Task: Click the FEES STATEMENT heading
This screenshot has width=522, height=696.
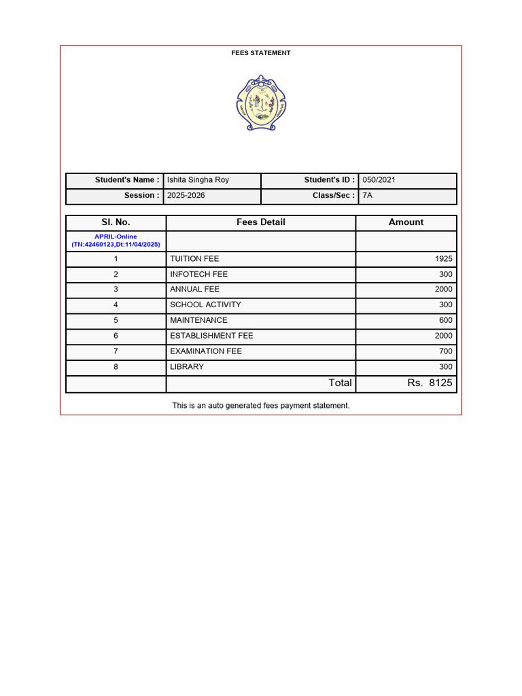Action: [x=261, y=53]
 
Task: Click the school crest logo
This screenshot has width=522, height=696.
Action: [x=261, y=103]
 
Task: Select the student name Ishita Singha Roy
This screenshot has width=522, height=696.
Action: [x=198, y=180]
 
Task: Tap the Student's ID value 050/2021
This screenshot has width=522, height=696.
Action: [x=379, y=180]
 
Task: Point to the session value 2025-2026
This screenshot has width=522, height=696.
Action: [x=186, y=196]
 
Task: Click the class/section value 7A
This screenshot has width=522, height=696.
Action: [x=368, y=196]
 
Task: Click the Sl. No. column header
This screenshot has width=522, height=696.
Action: [x=116, y=222]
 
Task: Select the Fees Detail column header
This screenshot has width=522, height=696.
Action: [x=261, y=222]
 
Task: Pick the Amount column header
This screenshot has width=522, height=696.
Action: [x=406, y=222]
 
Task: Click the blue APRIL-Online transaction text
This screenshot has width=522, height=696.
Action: [x=116, y=241]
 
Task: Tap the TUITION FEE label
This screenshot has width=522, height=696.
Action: [x=194, y=259]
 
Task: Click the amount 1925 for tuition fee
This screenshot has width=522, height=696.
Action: [x=443, y=259]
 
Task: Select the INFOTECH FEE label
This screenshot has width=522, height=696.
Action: [x=198, y=275]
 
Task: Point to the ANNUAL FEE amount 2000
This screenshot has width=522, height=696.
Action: [x=443, y=290]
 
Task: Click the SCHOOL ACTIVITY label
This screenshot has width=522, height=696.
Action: [x=205, y=305]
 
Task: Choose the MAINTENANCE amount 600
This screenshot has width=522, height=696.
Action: [x=445, y=320]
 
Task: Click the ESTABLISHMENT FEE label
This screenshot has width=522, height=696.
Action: [x=211, y=336]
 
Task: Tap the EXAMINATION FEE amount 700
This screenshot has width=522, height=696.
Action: [x=445, y=351]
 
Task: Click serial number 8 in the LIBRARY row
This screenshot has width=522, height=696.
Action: [x=116, y=367]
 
